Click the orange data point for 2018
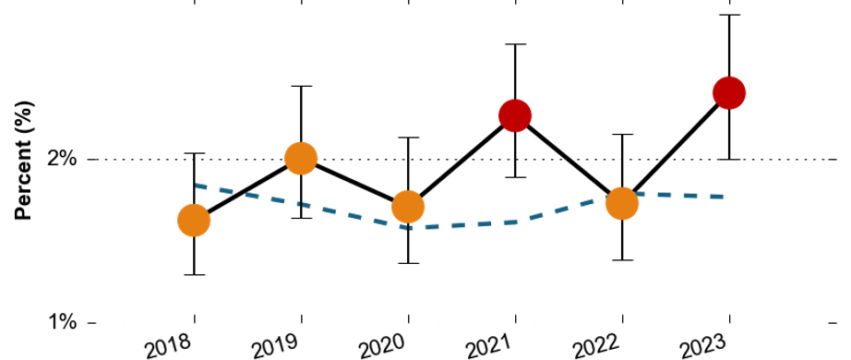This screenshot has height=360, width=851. click(x=194, y=221)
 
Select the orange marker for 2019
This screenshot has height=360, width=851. click(x=301, y=159)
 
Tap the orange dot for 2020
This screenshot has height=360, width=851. click(x=408, y=207)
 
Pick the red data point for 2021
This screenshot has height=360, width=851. click(x=514, y=115)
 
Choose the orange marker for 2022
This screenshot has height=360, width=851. click(x=621, y=203)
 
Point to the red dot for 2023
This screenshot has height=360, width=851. click(x=729, y=93)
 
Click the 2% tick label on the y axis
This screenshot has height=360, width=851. click(x=62, y=160)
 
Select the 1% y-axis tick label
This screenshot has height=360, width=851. click(x=62, y=323)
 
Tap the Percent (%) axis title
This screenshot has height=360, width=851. click(x=24, y=161)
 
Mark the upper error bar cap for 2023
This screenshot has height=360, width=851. click(x=729, y=15)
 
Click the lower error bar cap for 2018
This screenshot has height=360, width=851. click(x=194, y=275)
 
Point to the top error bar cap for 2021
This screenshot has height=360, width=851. click(x=514, y=44)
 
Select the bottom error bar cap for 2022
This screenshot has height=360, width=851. click(x=621, y=260)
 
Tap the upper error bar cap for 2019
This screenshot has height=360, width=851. click(x=301, y=86)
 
